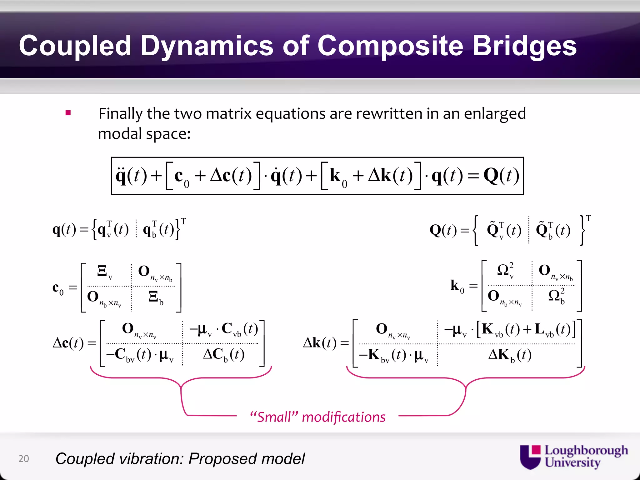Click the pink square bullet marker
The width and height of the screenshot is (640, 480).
68,113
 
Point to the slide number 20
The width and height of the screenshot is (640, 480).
24,458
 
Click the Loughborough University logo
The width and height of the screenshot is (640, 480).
573,457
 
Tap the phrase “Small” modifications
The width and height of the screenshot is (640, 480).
317,417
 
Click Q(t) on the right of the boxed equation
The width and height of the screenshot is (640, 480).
501,176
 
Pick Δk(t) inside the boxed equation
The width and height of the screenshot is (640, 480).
390,176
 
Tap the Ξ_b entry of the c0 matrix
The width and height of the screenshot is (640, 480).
156,297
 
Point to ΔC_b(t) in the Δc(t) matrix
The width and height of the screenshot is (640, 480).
224,355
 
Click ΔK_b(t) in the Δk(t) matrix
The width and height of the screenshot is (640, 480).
510,355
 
